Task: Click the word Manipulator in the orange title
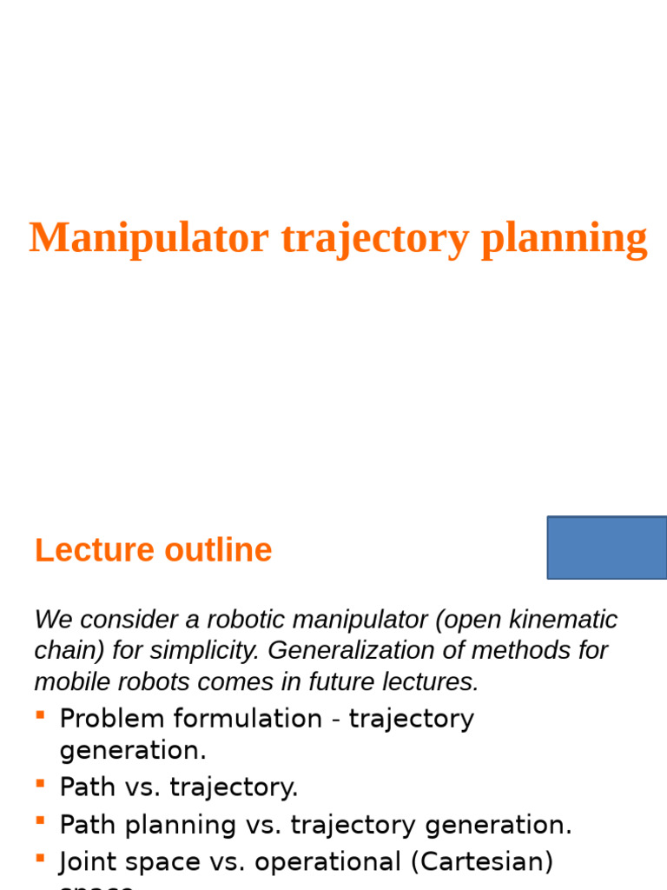[149, 238]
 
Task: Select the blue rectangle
[607, 548]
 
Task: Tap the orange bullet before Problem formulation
[40, 714]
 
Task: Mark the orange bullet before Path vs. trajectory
[40, 782]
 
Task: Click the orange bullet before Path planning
[40, 820]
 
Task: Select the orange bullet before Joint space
[40, 858]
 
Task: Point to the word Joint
[87, 861]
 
